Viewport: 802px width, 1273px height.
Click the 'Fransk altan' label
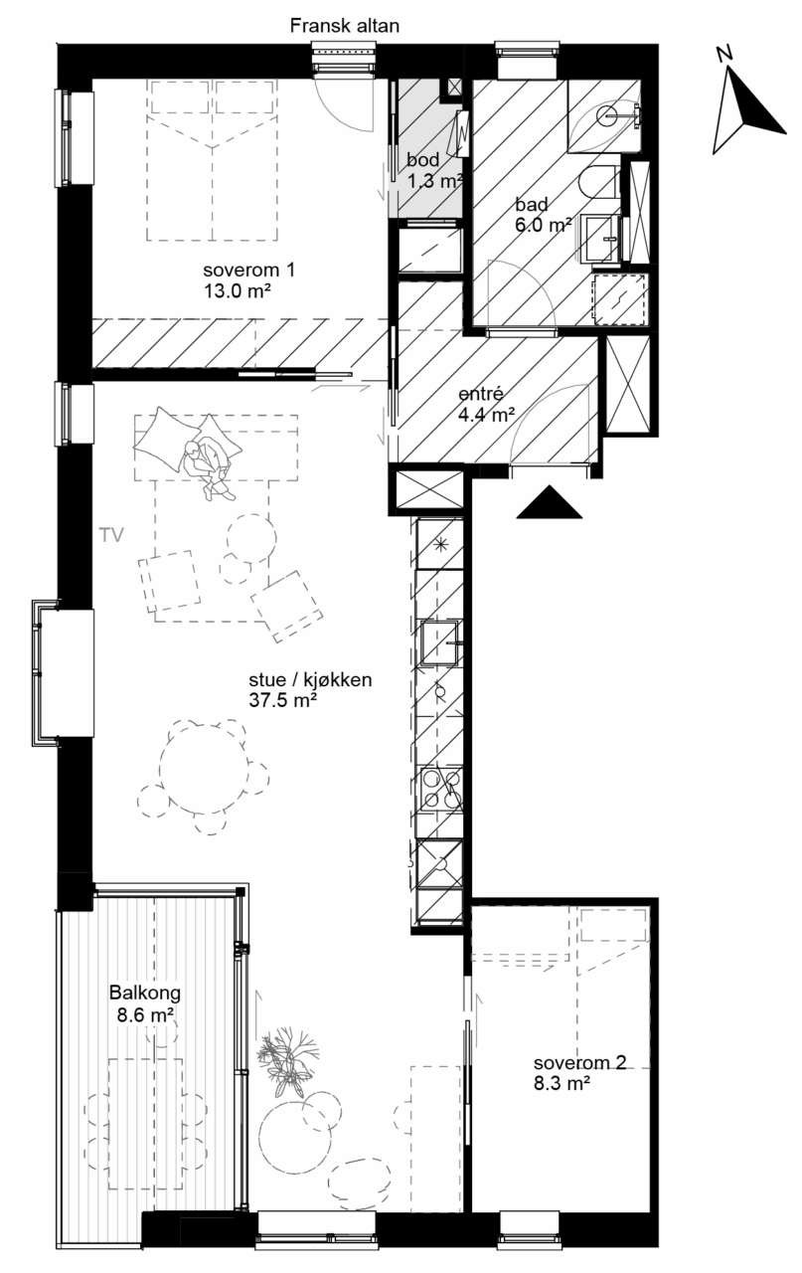point(344,26)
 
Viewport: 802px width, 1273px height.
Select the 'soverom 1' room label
point(248,270)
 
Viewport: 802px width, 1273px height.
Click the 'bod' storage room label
point(422,160)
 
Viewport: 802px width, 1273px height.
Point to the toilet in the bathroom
point(598,182)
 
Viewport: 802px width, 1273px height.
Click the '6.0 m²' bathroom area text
point(543,225)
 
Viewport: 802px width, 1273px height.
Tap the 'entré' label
point(481,394)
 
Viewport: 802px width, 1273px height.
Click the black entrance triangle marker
point(550,502)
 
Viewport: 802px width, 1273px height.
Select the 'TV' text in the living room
point(111,535)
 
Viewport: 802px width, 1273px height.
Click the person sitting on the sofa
point(207,465)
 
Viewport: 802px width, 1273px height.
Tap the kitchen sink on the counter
point(440,642)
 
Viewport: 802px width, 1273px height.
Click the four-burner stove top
point(441,788)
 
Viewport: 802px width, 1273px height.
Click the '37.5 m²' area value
point(282,700)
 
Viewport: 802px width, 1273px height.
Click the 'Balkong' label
point(145,993)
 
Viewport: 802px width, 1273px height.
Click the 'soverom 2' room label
point(580,1062)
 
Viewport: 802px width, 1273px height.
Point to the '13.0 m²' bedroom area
point(237,291)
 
